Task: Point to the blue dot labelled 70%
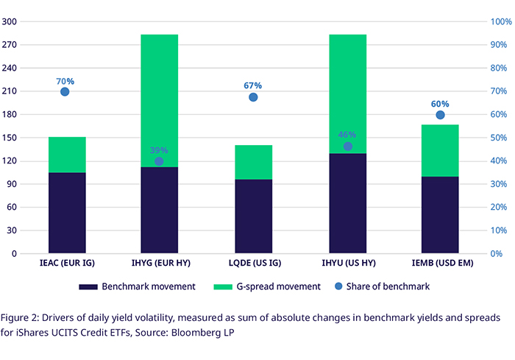pyautogui.click(x=65, y=92)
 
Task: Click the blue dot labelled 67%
pyautogui.click(x=253, y=97)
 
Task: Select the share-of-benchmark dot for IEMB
pyautogui.click(x=440, y=115)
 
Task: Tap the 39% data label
pyautogui.click(x=159, y=150)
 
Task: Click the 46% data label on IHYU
pyautogui.click(x=347, y=135)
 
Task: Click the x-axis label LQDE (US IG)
pyautogui.click(x=253, y=264)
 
